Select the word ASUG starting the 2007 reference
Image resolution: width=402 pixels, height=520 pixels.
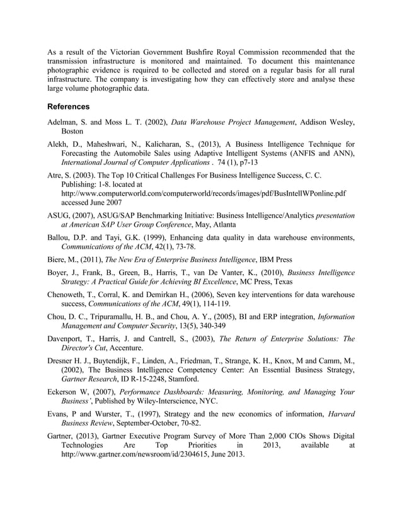pyautogui.click(x=60, y=215)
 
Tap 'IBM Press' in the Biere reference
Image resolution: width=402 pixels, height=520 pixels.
pyautogui.click(x=278, y=259)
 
